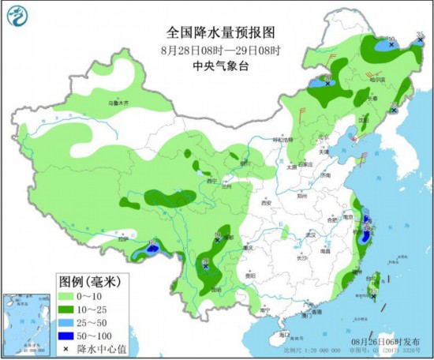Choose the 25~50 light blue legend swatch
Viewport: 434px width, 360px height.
pos(67,322)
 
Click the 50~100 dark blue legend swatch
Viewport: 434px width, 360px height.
pos(67,336)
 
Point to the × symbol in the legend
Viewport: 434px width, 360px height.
pos(67,348)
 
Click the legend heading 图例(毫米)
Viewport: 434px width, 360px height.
pos(88,281)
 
